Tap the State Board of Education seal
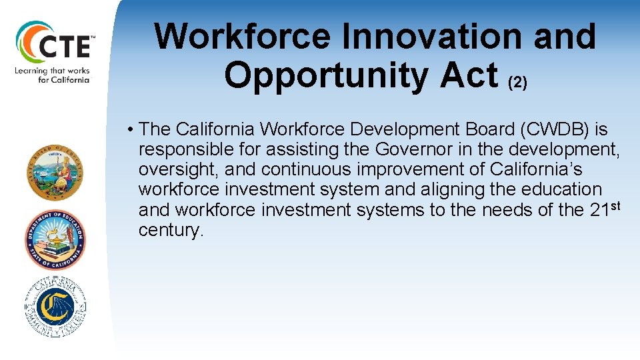coord(55,172)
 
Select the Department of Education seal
coord(55,239)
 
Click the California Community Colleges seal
coord(55,306)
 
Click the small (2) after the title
coord(517,83)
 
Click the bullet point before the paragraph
coord(133,129)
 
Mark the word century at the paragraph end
coord(170,231)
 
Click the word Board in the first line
coord(469,129)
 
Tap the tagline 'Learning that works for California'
coord(53,75)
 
